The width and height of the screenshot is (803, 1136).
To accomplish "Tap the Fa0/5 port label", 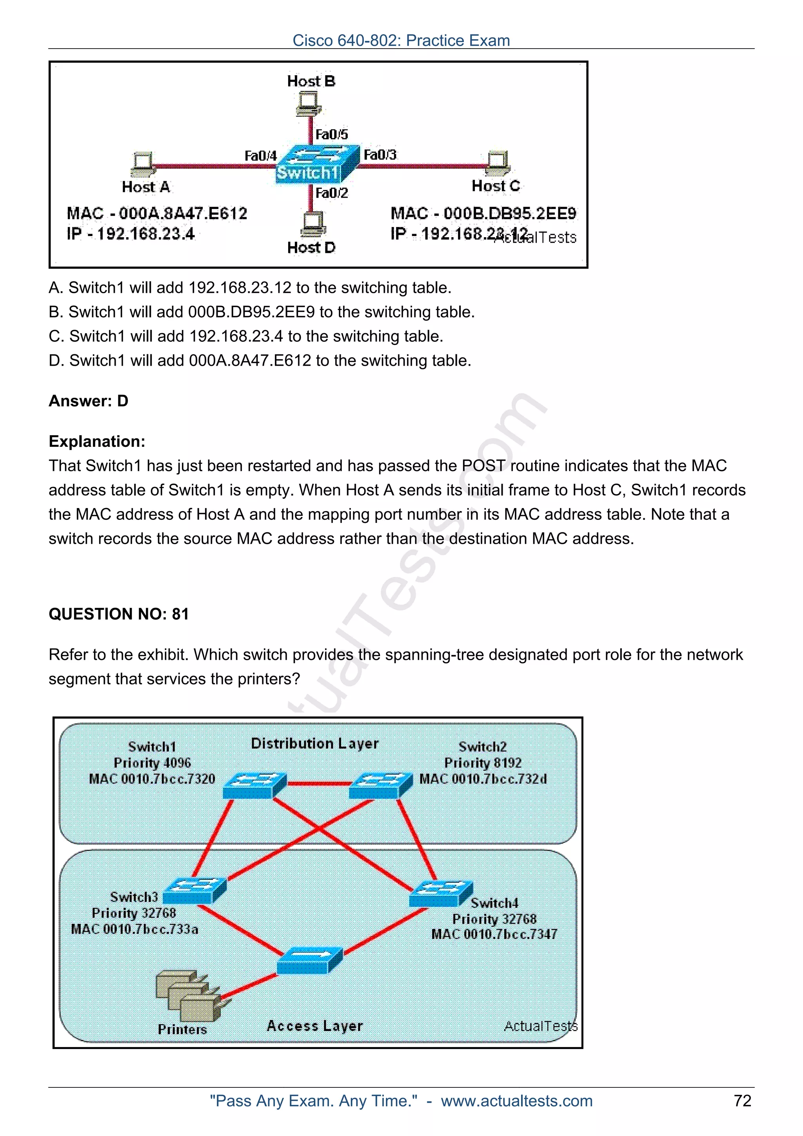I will coord(331,134).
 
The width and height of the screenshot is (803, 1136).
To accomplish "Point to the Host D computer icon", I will coord(312,224).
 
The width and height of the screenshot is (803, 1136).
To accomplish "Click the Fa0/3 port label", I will coord(380,155).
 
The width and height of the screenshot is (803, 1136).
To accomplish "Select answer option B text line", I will coord(261,312).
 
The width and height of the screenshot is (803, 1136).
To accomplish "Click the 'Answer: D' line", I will coord(88,401).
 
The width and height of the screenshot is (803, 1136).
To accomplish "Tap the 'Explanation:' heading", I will coord(97,441).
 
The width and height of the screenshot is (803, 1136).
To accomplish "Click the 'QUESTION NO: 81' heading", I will coord(119,614).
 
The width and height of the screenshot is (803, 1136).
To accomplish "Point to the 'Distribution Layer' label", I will coord(315,743).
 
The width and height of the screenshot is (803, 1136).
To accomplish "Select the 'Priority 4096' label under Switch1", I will coord(152,762).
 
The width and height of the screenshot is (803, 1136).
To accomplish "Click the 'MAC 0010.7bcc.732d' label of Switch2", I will coord(483,779).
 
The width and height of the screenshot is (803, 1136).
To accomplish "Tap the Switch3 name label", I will coord(134,896).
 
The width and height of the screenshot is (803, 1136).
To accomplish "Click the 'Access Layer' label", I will coord(315,1026).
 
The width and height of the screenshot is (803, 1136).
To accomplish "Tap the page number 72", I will coord(742,1101).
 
